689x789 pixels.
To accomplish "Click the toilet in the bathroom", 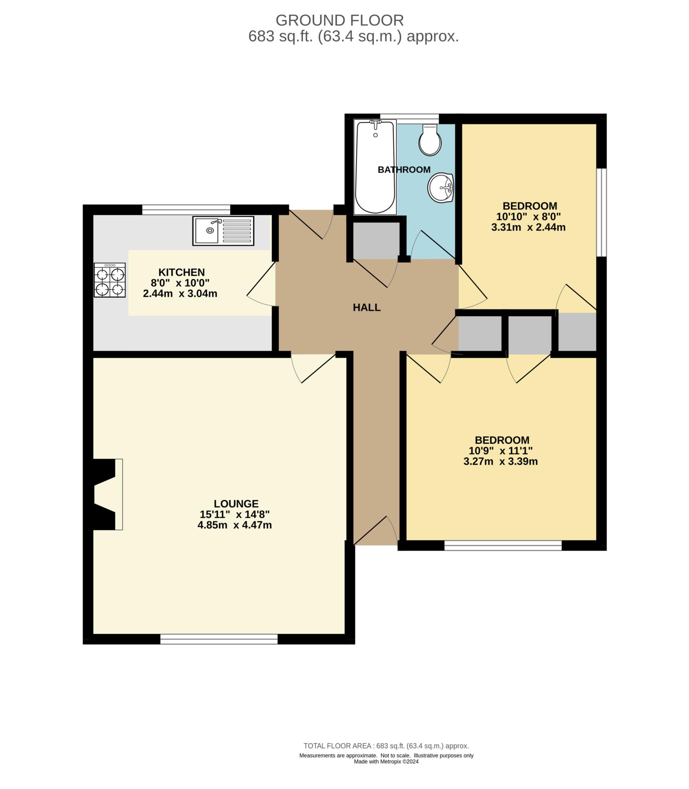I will click(430, 139).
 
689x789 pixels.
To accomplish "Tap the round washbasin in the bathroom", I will click(440, 188).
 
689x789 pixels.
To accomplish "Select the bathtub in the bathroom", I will click(375, 168).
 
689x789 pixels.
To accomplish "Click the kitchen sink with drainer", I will click(223, 231).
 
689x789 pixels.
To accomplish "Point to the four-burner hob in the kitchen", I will click(110, 280).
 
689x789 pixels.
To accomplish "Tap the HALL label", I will click(367, 307).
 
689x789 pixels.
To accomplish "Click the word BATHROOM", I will click(404, 170).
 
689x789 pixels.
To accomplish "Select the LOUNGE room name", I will click(236, 504).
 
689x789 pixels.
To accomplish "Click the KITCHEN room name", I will click(182, 272).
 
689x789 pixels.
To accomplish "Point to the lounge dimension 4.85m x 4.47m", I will click(235, 525).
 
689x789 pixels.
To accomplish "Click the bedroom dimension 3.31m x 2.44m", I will click(528, 227).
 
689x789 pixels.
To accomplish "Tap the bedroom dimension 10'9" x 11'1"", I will click(500, 451).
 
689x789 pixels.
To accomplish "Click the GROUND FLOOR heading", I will click(339, 20).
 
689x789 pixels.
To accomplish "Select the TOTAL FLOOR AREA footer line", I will click(386, 746).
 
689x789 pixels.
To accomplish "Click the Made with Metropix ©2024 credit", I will click(386, 761).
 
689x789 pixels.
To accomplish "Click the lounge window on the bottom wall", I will click(219, 639).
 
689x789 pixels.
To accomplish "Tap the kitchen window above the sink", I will click(186, 210).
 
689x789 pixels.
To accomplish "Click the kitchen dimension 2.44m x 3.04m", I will click(180, 294).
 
